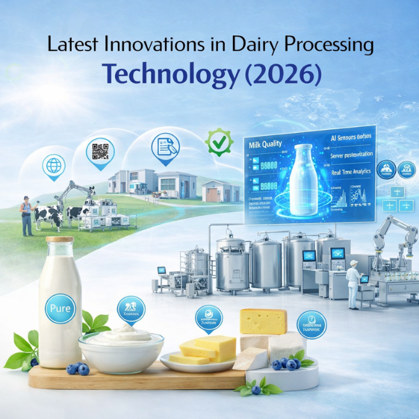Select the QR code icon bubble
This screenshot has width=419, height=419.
click(x=101, y=151)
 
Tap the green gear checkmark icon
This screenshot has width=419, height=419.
click(x=219, y=142)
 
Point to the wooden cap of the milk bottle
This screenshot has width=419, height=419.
click(x=59, y=240)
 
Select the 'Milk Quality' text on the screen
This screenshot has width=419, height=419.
click(x=266, y=145)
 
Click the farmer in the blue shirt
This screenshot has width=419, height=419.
click(x=27, y=215)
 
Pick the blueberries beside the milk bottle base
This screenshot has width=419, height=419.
click(x=78, y=368)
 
